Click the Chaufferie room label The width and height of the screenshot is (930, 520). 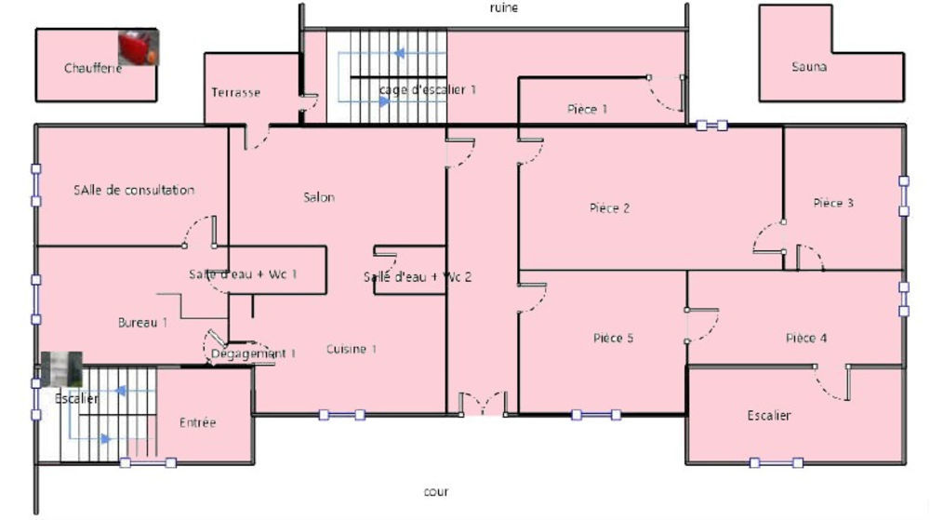93,68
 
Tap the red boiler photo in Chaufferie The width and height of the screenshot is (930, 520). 138,47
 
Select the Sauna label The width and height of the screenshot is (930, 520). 809,67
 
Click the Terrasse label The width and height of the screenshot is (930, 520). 235,93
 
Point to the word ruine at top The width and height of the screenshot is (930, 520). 503,7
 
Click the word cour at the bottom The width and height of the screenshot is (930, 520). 436,491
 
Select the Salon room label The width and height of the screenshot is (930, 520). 318,197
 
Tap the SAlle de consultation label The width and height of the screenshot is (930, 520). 134,190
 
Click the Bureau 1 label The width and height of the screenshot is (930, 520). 142,323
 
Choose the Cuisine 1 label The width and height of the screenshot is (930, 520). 351,349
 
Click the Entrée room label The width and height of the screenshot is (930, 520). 197,422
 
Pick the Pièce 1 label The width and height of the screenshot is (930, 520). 587,109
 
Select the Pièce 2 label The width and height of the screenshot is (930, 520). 610,208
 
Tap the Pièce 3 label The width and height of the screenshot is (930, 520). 833,203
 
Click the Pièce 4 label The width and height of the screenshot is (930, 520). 806,338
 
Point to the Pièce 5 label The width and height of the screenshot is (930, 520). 613,338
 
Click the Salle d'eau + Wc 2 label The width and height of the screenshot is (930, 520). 418,276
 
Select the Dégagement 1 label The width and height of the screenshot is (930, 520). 253,353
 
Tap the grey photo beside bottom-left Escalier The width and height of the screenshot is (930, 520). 61,368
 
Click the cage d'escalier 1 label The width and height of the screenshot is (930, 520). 428,89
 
